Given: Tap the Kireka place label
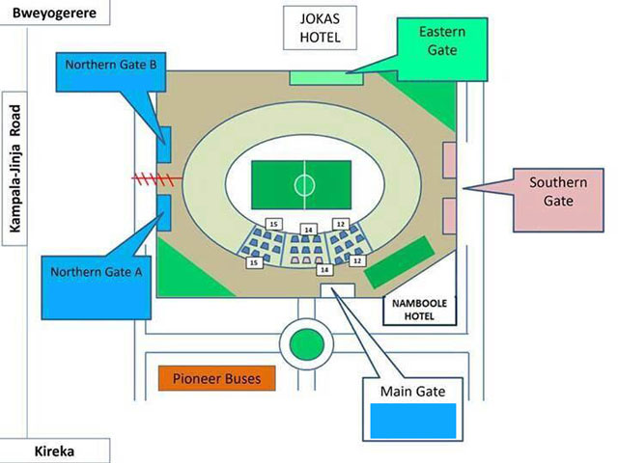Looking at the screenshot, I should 54,450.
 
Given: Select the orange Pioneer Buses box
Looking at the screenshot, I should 216,378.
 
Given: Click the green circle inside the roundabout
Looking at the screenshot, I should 305,343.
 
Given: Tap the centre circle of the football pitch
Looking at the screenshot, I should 306,180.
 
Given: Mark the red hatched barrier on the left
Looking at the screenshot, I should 157,178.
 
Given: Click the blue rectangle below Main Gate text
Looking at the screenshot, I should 414,421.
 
